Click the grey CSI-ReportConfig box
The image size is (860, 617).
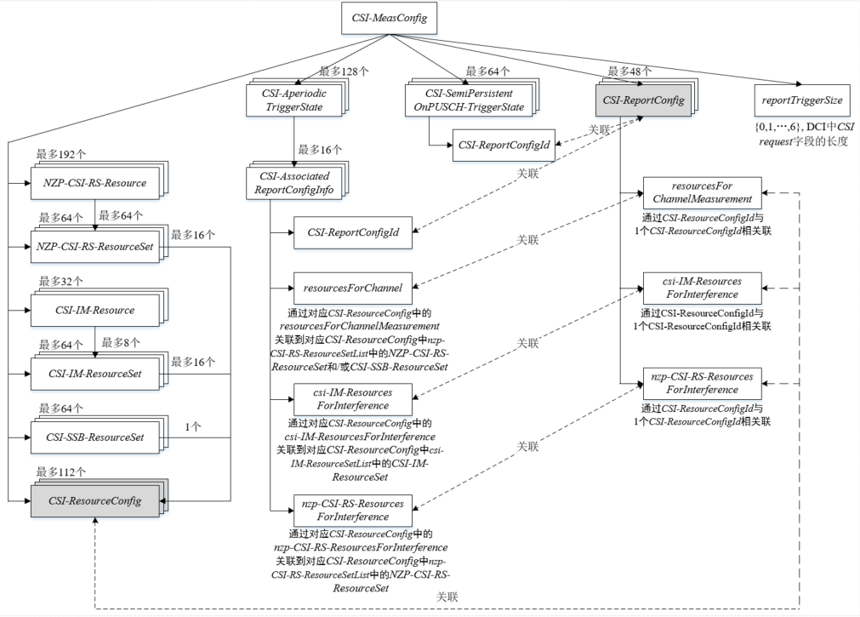click(x=643, y=100)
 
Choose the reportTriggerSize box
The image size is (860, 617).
click(x=800, y=100)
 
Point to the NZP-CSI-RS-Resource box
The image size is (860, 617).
click(x=94, y=183)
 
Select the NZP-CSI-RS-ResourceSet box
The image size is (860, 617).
click(x=94, y=246)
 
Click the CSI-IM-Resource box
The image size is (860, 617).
click(x=94, y=310)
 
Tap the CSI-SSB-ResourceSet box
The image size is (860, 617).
click(x=94, y=438)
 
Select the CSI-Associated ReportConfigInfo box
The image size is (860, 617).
click(x=293, y=182)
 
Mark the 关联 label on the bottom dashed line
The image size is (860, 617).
click(x=447, y=597)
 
